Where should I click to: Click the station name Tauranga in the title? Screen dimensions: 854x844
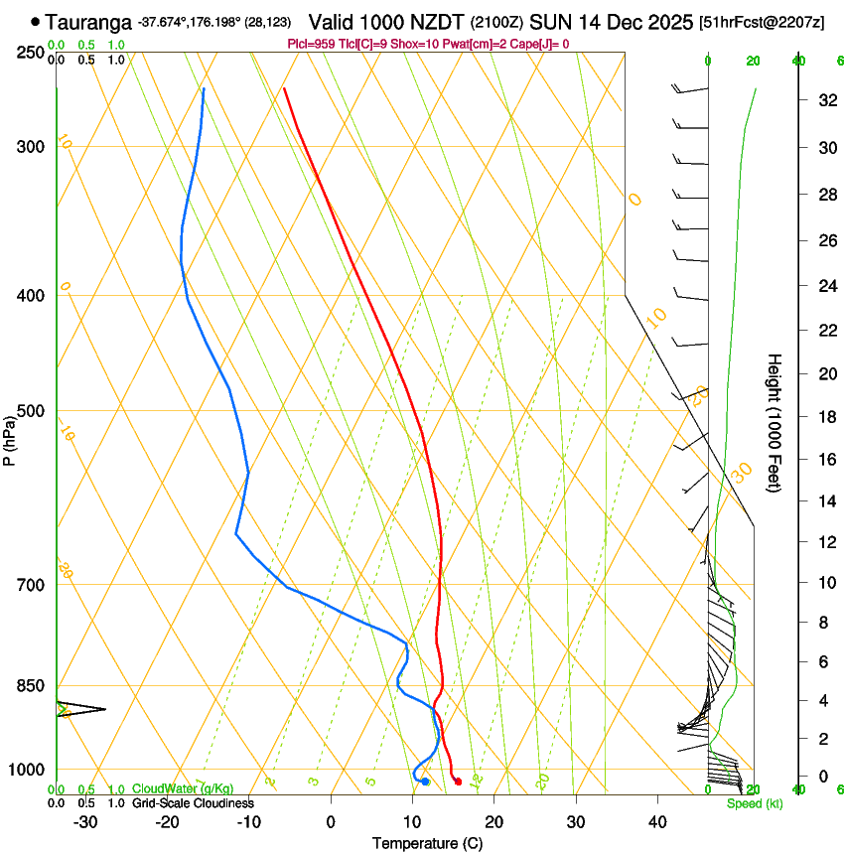click(89, 22)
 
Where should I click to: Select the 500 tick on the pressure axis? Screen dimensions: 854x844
click(31, 411)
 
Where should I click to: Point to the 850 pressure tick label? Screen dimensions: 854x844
click(31, 685)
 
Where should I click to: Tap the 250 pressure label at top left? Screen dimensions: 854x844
click(31, 52)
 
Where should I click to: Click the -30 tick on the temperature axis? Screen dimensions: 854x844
click(85, 821)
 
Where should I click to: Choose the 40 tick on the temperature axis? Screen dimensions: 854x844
click(656, 821)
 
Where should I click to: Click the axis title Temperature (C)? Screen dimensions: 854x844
click(427, 843)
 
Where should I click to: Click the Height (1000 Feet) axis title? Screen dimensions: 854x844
click(775, 422)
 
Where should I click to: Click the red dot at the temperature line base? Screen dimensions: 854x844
click(458, 782)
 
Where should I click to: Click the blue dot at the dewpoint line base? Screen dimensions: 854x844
click(425, 782)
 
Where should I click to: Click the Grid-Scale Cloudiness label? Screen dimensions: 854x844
click(193, 802)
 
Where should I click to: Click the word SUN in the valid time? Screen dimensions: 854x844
click(547, 22)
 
